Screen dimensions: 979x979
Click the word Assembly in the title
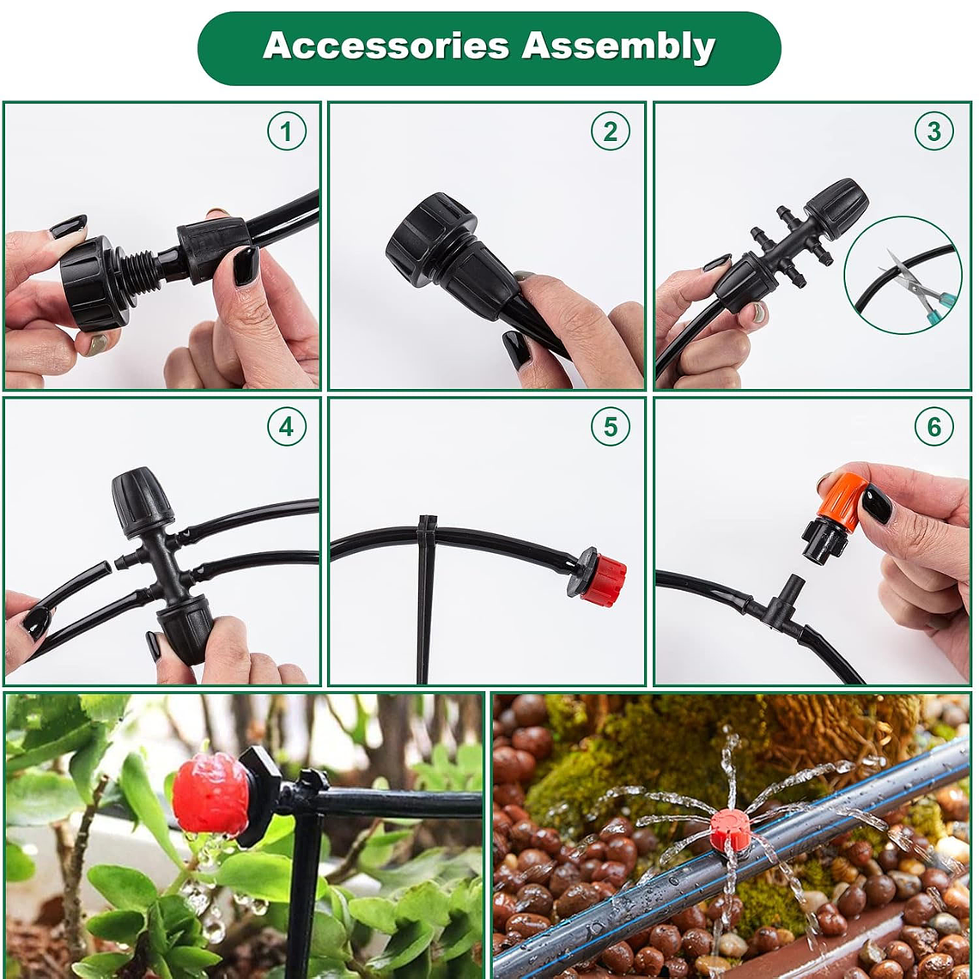pyautogui.click(x=618, y=47)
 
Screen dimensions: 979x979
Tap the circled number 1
pyautogui.click(x=287, y=131)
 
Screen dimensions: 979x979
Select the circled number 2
pyautogui.click(x=610, y=131)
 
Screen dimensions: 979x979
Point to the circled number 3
pyautogui.click(x=934, y=131)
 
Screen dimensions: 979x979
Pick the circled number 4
pyautogui.click(x=287, y=427)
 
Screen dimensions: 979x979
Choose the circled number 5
pyautogui.click(x=610, y=427)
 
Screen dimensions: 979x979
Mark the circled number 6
pyautogui.click(x=934, y=427)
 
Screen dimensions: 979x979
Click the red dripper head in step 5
pyautogui.click(x=603, y=581)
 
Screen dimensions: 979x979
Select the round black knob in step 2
pyautogui.click(x=431, y=231)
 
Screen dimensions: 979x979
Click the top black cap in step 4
pyautogui.click(x=141, y=501)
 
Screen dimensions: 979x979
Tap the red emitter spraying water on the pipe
pyautogui.click(x=730, y=830)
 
